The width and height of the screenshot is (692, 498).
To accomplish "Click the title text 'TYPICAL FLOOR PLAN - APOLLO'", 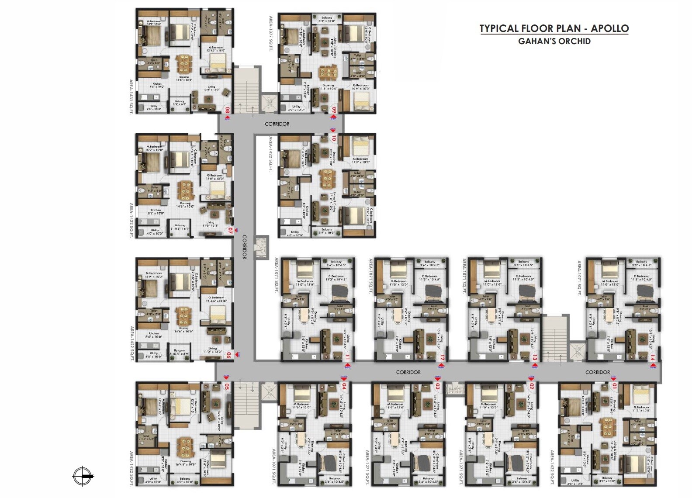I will tap(554, 28).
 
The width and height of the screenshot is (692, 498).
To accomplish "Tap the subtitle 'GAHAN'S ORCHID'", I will tap(554, 41).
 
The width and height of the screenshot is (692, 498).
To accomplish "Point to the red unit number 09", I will tap(334, 110).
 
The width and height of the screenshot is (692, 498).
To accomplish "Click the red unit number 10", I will tap(334, 138).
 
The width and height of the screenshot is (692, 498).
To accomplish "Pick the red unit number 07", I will tap(230, 231).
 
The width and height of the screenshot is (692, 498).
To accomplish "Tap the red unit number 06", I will tap(228, 355).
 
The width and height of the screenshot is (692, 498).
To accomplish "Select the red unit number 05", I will tap(227, 387).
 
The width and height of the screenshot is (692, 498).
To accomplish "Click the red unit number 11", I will tap(347, 357).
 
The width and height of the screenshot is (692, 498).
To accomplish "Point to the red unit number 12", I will tap(442, 358).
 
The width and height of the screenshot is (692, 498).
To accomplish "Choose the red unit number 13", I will tap(535, 358).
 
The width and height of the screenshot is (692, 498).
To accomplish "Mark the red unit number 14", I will tap(652, 357).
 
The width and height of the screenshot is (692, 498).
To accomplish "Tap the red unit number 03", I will tap(437, 386).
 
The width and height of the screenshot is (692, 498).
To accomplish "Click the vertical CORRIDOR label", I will tap(244, 247).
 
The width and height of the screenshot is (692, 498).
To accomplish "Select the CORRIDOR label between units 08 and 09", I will tap(277, 124).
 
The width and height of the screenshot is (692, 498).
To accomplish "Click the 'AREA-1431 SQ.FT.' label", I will tap(131, 96).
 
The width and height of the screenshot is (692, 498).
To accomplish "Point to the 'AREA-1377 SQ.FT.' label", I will tap(271, 34).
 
